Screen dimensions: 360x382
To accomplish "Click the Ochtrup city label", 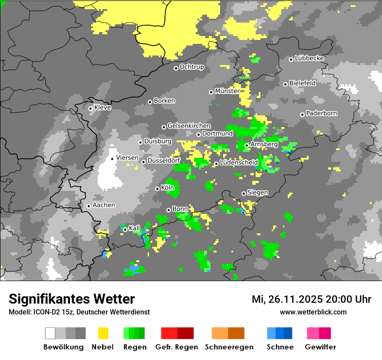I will point(191,67).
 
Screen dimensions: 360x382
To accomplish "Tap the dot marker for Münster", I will point(211,92).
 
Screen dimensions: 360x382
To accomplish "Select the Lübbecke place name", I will point(309,58).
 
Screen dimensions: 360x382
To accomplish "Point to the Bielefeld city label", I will point(302,83).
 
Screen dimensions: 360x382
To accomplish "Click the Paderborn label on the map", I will point(321,113).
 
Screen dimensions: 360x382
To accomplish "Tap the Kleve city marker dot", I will point(90,108).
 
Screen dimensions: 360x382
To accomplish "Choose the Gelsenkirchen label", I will point(189,126).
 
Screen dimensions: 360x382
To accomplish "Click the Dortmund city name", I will point(217,134).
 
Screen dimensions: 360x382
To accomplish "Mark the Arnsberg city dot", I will point(247,145).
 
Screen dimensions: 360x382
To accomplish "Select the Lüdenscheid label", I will point(239,163).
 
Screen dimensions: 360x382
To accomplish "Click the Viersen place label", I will point(127,158).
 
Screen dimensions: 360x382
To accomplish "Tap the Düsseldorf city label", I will point(164,160).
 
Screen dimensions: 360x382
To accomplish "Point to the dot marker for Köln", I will point(157,189).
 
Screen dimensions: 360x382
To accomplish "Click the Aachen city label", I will point(104,205).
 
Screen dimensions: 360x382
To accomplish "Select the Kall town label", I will point(135,228).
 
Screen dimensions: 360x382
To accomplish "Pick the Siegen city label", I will point(257,193).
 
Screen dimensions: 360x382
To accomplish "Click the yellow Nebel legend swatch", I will point(103,333).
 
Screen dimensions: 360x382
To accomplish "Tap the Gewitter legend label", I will point(320,347).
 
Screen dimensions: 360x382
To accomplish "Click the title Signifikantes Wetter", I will point(72,299).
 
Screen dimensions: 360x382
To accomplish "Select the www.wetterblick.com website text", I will point(313,312).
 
